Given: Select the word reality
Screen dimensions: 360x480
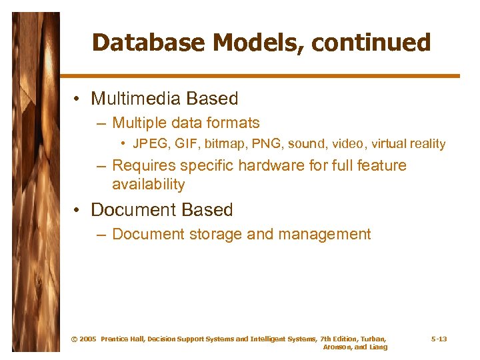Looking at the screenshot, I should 426,144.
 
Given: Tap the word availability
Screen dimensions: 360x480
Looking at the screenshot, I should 148,184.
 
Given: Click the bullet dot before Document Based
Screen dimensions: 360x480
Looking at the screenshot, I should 79,211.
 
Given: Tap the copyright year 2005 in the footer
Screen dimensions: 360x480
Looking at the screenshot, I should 87,339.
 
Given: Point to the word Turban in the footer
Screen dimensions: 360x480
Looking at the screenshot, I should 371,339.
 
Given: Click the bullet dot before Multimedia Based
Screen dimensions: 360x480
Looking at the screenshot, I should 79,99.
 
